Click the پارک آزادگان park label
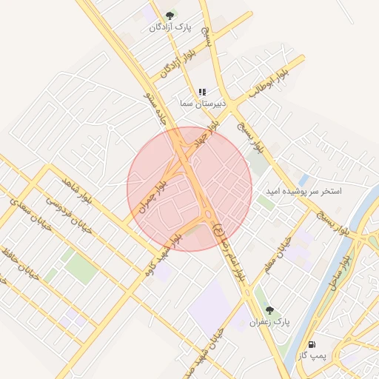pos(170,27)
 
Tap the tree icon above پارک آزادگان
pos(170,15)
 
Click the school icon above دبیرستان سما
pos(202,93)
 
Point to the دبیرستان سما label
pos(196,104)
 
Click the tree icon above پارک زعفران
pos(269,311)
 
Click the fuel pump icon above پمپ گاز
pos(312,344)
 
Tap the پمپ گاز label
pos(312,356)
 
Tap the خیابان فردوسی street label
pos(70,215)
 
